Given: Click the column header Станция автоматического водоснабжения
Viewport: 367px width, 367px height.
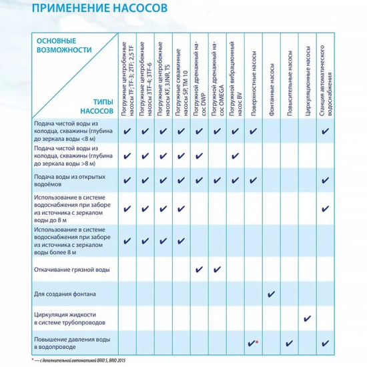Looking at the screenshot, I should point(326,81).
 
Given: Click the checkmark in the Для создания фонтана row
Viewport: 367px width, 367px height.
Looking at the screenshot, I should point(272,294).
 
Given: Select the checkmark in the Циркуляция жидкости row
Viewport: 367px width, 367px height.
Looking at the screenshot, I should point(308,319).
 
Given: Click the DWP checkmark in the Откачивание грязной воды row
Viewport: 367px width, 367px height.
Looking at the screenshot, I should point(199,270).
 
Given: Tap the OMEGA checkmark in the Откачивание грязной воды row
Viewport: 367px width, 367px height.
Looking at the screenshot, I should point(217,270).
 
